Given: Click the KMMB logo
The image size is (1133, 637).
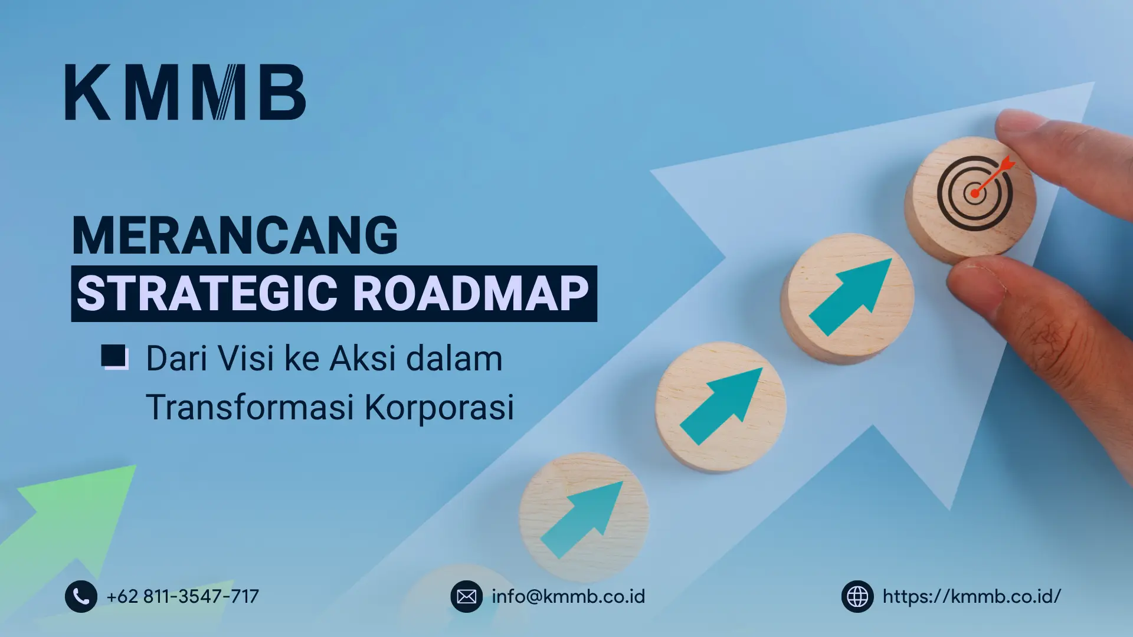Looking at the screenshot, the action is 185,92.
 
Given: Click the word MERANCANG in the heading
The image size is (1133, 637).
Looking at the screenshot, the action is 235,235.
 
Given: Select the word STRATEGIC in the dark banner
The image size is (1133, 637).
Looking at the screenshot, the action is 207,294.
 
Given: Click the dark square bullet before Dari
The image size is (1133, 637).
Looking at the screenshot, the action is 114,357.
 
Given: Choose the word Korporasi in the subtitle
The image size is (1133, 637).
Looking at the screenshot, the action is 440,407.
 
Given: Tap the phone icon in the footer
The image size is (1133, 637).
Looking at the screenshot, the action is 81,596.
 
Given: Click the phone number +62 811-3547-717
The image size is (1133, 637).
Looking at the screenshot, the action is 183,596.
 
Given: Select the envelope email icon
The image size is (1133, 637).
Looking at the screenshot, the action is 466,596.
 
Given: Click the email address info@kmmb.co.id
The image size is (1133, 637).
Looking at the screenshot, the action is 568,596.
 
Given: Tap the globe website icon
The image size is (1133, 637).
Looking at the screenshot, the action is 857,596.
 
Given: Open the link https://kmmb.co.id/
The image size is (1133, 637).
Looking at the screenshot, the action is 972,596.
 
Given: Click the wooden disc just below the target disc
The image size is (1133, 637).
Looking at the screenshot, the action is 847,298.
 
